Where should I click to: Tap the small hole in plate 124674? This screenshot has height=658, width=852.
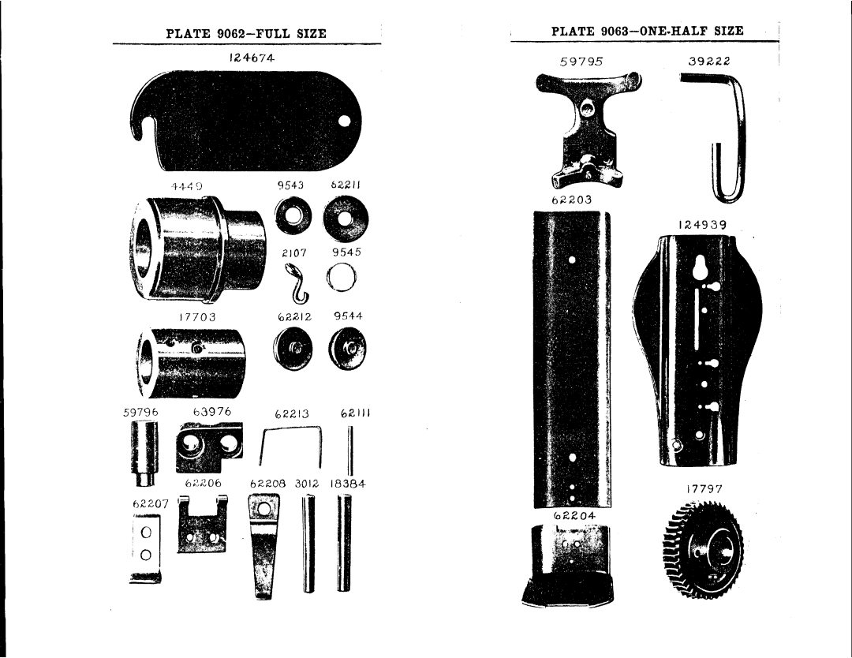[x=346, y=121]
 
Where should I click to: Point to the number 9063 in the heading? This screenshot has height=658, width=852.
[x=616, y=31]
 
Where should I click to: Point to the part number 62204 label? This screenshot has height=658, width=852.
[x=574, y=514]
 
